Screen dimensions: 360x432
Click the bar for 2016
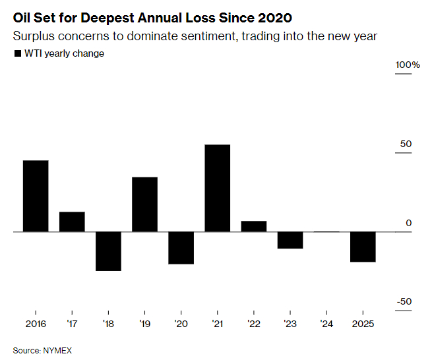point(36,196)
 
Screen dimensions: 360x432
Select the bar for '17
point(72,222)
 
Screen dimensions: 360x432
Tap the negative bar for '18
point(108,251)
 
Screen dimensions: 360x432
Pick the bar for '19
point(144,204)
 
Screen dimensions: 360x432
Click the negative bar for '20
point(181,248)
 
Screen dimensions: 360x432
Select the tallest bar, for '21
point(217,188)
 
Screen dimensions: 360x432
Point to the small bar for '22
point(254,226)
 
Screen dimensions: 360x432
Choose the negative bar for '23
point(290,240)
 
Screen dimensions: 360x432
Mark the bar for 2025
point(363,247)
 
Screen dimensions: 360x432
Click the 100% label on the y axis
point(408,65)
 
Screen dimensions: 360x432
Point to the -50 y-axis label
point(404,302)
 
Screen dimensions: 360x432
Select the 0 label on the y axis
point(409,224)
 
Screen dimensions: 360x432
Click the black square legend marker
point(18,53)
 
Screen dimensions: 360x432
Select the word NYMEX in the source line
point(57,351)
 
